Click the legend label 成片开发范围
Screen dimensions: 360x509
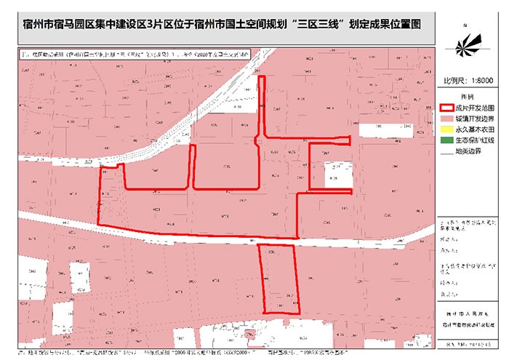coord(475,106)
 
